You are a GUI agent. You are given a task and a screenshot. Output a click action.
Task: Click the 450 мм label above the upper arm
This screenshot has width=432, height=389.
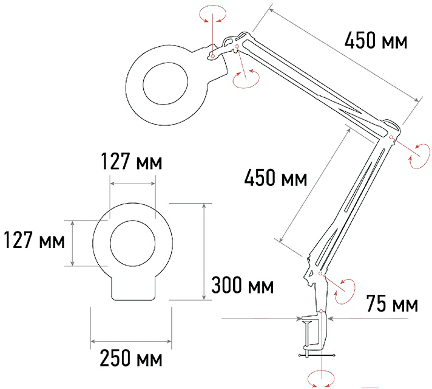(x=376, y=41)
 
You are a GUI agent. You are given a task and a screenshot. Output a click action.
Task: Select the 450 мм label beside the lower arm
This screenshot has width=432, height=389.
(x=275, y=177)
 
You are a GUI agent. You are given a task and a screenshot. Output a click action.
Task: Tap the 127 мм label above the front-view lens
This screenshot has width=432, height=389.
(x=132, y=161)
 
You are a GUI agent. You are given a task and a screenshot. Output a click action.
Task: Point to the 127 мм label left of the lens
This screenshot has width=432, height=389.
(x=35, y=240)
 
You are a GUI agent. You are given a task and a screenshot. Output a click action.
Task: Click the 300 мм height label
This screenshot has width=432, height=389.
(x=243, y=285)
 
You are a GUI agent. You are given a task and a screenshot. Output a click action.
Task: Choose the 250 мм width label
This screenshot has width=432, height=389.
(x=131, y=358)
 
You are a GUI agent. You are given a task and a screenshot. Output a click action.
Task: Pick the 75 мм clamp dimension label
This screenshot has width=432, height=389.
(x=392, y=304)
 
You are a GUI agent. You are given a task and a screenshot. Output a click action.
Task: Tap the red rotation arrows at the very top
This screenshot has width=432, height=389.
(x=213, y=13)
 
